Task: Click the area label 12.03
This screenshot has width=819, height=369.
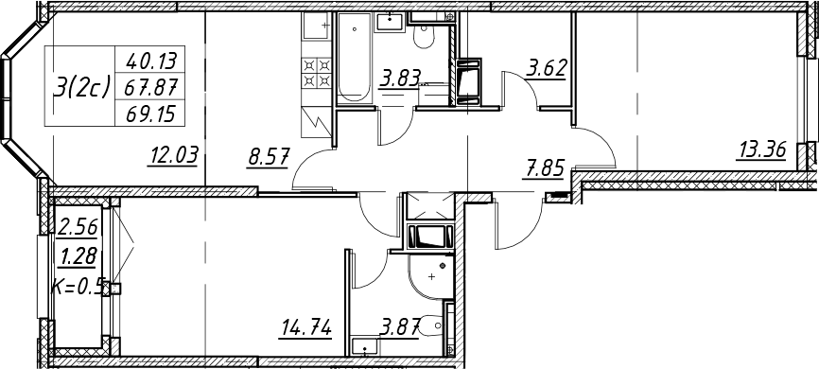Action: [174, 156]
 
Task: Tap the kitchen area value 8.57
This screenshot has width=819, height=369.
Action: [268, 156]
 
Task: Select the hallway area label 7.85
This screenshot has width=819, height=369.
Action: [545, 168]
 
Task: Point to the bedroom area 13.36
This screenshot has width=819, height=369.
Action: [760, 151]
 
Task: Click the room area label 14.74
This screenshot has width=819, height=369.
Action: [306, 328]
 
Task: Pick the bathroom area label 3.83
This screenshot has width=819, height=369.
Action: [400, 80]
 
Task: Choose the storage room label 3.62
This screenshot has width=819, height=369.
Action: [547, 69]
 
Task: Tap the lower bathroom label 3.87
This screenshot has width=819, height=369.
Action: [400, 328]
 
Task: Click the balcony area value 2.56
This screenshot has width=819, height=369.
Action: [78, 228]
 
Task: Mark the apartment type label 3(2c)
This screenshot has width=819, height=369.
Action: [81, 87]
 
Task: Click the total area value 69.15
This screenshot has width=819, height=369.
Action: [150, 114]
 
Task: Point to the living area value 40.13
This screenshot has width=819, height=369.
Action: [150, 62]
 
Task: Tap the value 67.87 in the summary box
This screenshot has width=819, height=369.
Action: [151, 88]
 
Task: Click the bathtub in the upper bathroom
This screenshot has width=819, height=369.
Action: [354, 57]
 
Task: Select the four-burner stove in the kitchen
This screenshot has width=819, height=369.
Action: [317, 73]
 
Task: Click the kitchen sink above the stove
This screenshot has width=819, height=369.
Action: [317, 26]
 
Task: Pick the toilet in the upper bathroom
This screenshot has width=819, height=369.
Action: [423, 37]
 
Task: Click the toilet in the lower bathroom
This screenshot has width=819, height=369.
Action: [432, 325]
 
